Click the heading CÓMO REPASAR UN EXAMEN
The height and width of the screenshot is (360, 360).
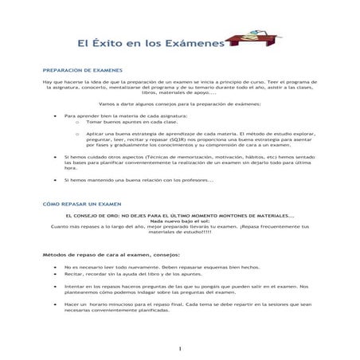tap(82, 204)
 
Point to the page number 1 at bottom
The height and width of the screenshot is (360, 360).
tap(180, 348)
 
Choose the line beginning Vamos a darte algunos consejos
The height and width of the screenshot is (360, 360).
tap(180, 104)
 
